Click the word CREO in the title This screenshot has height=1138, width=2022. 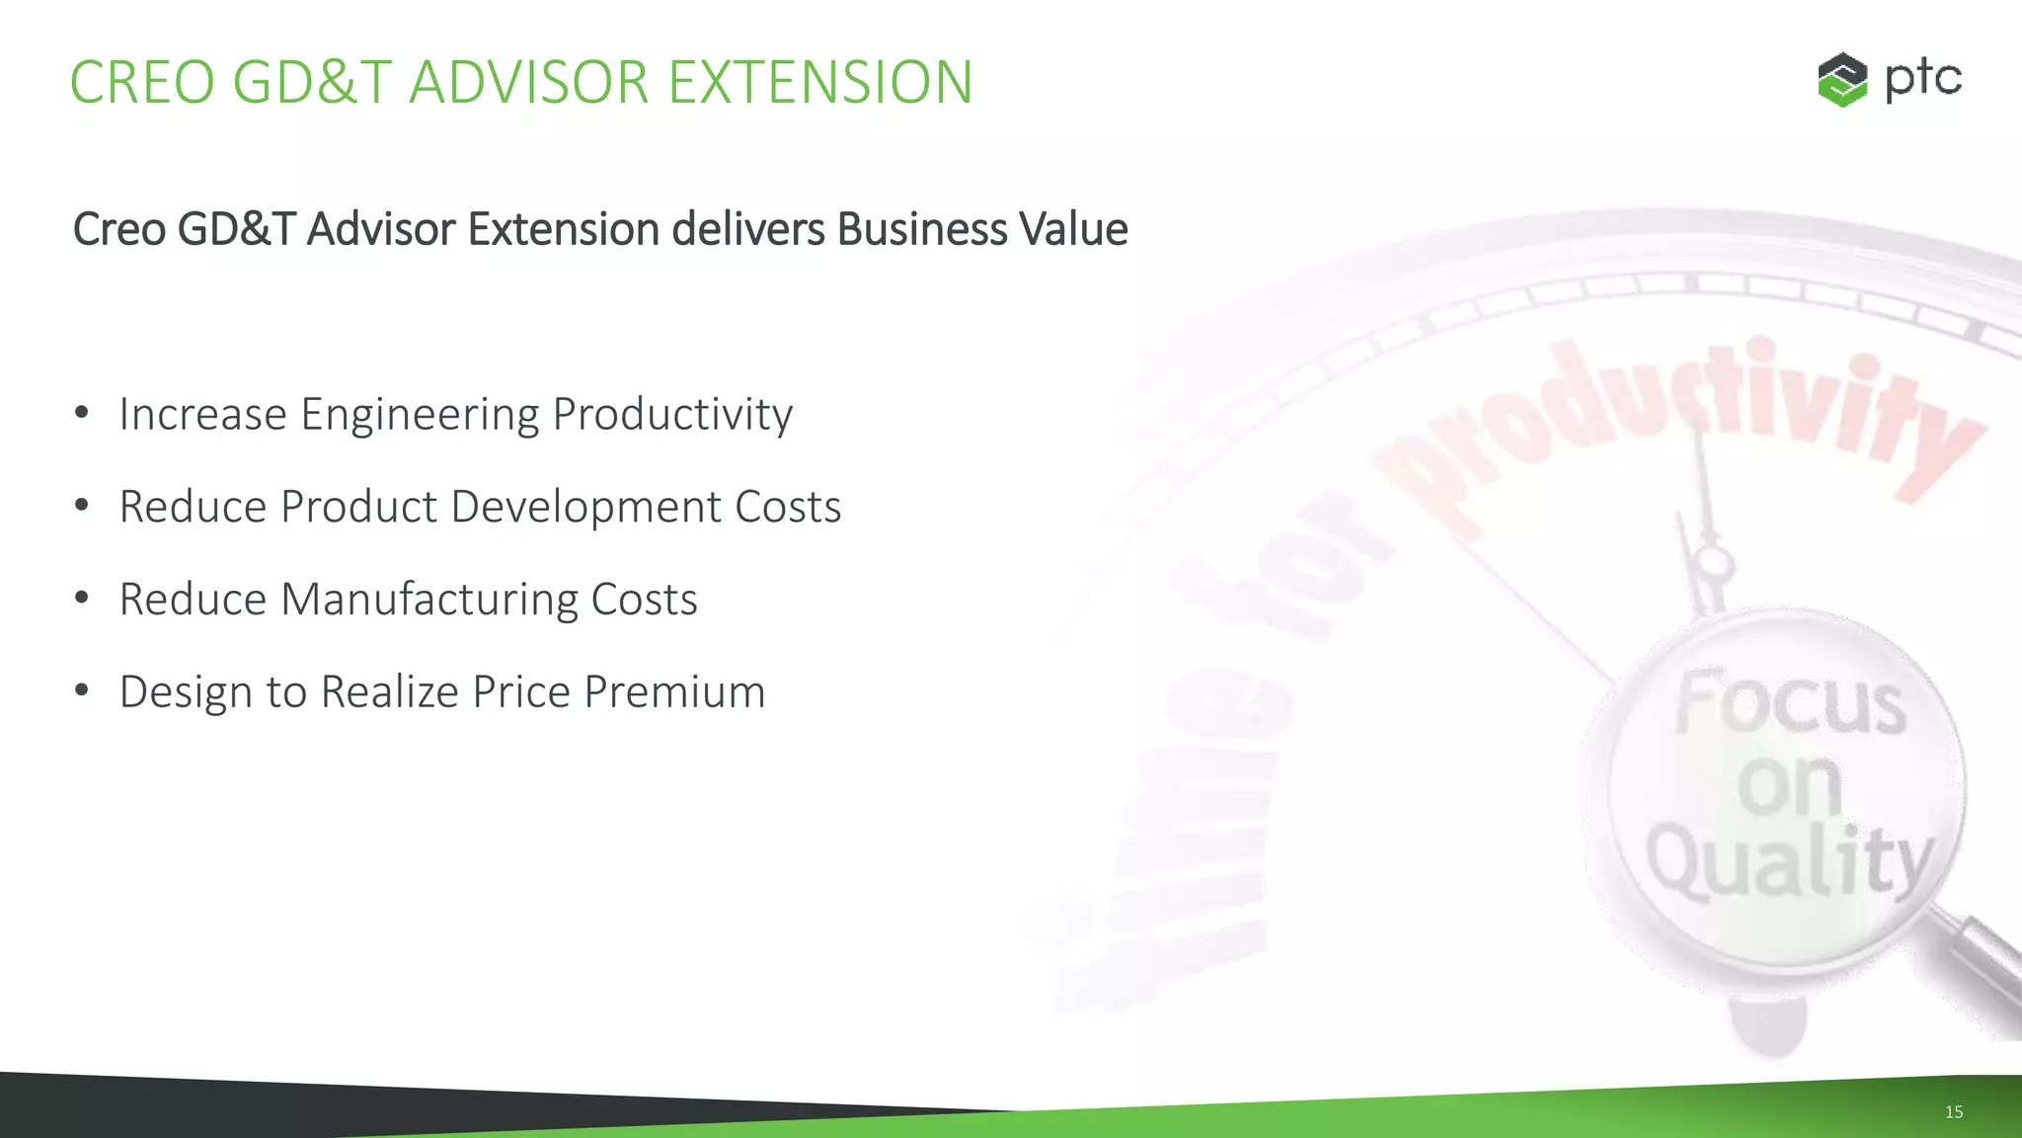[x=142, y=82]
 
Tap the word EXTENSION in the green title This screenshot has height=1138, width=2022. [x=820, y=82]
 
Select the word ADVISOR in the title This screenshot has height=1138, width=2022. [x=529, y=82]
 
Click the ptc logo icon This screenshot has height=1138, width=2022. [x=1842, y=79]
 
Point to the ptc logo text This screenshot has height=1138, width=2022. [x=1922, y=79]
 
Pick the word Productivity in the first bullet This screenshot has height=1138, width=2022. [x=672, y=415]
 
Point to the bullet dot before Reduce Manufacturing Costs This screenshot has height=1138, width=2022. [x=82, y=598]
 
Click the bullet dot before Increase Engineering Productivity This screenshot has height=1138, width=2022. [x=82, y=412]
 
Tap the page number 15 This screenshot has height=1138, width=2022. [x=1953, y=1112]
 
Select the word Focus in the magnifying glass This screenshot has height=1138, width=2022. [x=1790, y=703]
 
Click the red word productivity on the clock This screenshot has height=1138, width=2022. [x=1678, y=425]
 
